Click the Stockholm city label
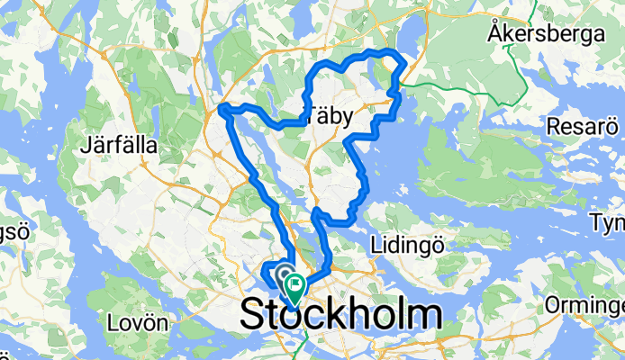pyautogui.click(x=340, y=315)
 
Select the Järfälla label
pyautogui.click(x=119, y=144)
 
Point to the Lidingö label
pyautogui.click(x=403, y=244)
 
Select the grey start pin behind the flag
pyautogui.click(x=284, y=272)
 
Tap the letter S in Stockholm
pyautogui.click(x=253, y=316)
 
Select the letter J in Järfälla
pyautogui.click(x=84, y=144)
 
